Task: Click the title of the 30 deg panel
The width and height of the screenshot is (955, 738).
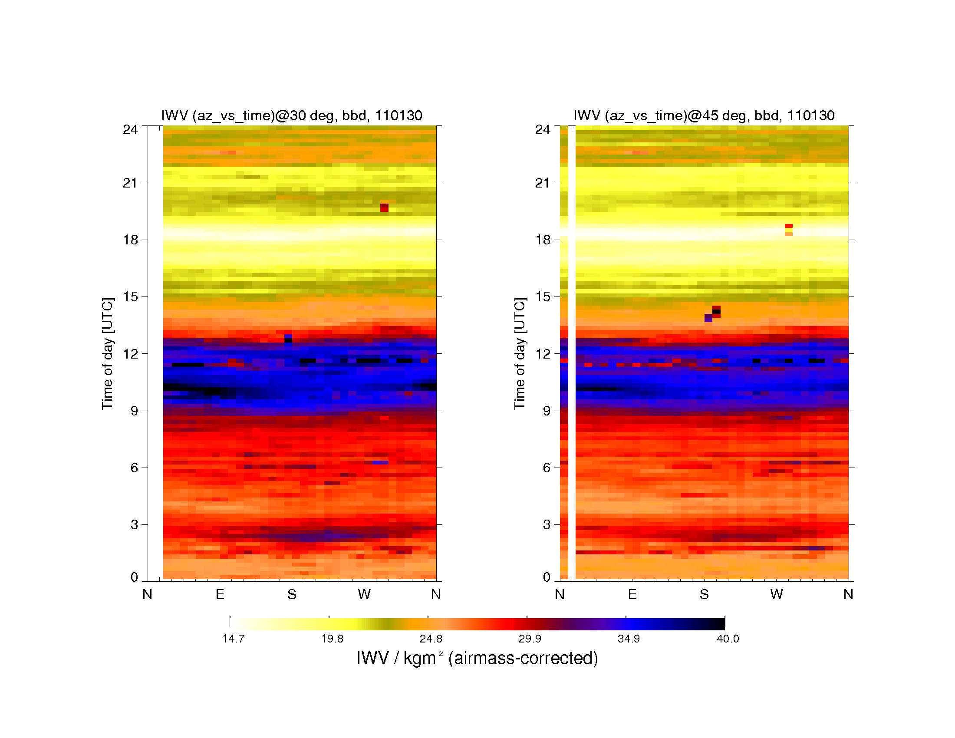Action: (x=292, y=115)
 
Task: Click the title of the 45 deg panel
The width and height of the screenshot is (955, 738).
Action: (x=704, y=115)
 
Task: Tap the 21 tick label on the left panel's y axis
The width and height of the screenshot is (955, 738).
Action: (x=130, y=183)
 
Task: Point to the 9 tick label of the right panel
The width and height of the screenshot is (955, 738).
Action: (x=547, y=411)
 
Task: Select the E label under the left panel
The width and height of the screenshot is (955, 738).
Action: (x=220, y=594)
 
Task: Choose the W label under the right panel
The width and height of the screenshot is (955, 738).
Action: (x=777, y=594)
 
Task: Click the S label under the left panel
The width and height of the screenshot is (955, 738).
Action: (x=292, y=594)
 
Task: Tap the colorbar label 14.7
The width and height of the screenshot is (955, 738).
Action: (x=233, y=639)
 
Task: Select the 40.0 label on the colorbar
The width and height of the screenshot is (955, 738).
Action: (x=728, y=639)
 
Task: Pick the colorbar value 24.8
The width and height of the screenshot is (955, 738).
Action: (x=431, y=639)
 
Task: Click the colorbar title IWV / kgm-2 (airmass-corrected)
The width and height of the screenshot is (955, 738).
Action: (x=477, y=658)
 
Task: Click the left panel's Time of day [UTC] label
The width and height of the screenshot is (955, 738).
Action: (x=108, y=353)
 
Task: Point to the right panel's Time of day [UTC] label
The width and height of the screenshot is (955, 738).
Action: (x=520, y=353)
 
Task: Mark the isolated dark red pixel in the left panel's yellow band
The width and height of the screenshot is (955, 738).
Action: (x=384, y=208)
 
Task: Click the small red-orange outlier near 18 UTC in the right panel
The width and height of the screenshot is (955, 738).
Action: (x=788, y=230)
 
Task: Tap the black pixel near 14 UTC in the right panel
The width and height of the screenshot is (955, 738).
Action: (x=716, y=312)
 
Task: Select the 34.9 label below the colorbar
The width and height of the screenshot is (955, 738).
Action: (x=629, y=639)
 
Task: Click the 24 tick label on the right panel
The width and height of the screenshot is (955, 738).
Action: (x=543, y=129)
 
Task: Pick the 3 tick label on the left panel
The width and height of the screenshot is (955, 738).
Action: (x=134, y=525)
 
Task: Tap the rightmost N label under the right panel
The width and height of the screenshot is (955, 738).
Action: (x=848, y=594)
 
